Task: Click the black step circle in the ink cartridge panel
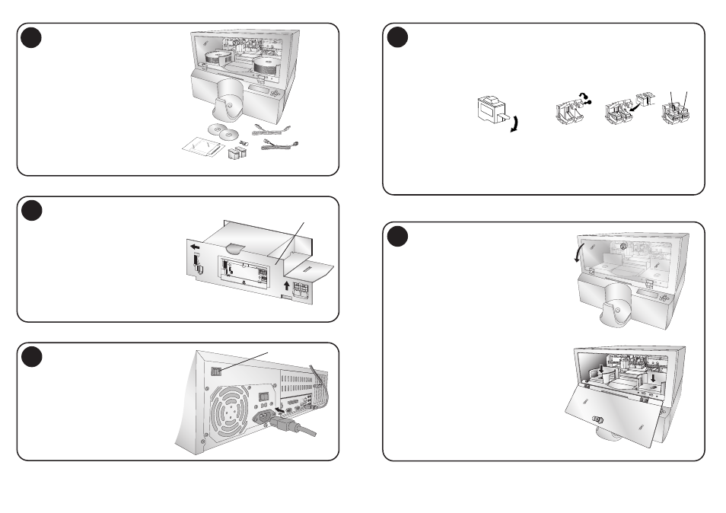(397, 37)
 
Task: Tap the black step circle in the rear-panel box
(32, 357)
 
